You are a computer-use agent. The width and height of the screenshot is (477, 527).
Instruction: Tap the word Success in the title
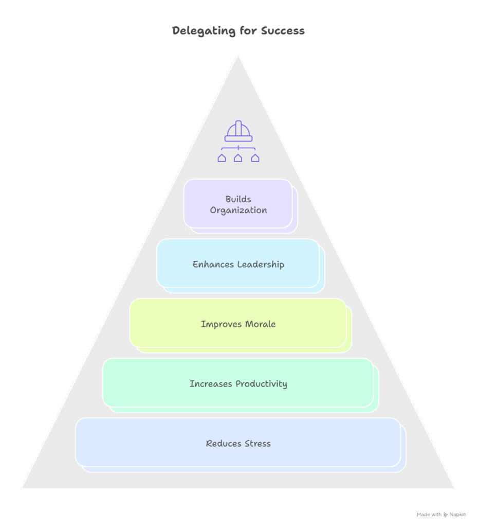(283, 31)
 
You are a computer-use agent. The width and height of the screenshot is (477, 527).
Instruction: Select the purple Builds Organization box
(238, 204)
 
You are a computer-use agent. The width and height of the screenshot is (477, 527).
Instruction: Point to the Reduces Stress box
(238, 443)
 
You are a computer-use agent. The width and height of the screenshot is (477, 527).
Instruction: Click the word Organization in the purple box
(238, 210)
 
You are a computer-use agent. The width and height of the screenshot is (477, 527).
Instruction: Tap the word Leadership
(261, 265)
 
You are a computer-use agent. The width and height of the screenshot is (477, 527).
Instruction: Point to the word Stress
(258, 444)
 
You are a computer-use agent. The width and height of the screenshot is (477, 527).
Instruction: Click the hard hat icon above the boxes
(238, 131)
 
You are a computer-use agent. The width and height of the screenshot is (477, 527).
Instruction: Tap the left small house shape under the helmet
(222, 158)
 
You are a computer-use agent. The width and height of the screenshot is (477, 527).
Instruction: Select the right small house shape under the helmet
(255, 158)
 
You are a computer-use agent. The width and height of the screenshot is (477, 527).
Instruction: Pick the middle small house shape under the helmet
(238, 158)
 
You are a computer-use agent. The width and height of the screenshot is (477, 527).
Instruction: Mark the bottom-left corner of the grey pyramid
(22, 487)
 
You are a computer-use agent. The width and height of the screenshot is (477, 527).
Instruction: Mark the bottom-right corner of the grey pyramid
(454, 487)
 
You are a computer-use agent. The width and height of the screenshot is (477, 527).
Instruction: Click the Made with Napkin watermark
(442, 514)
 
